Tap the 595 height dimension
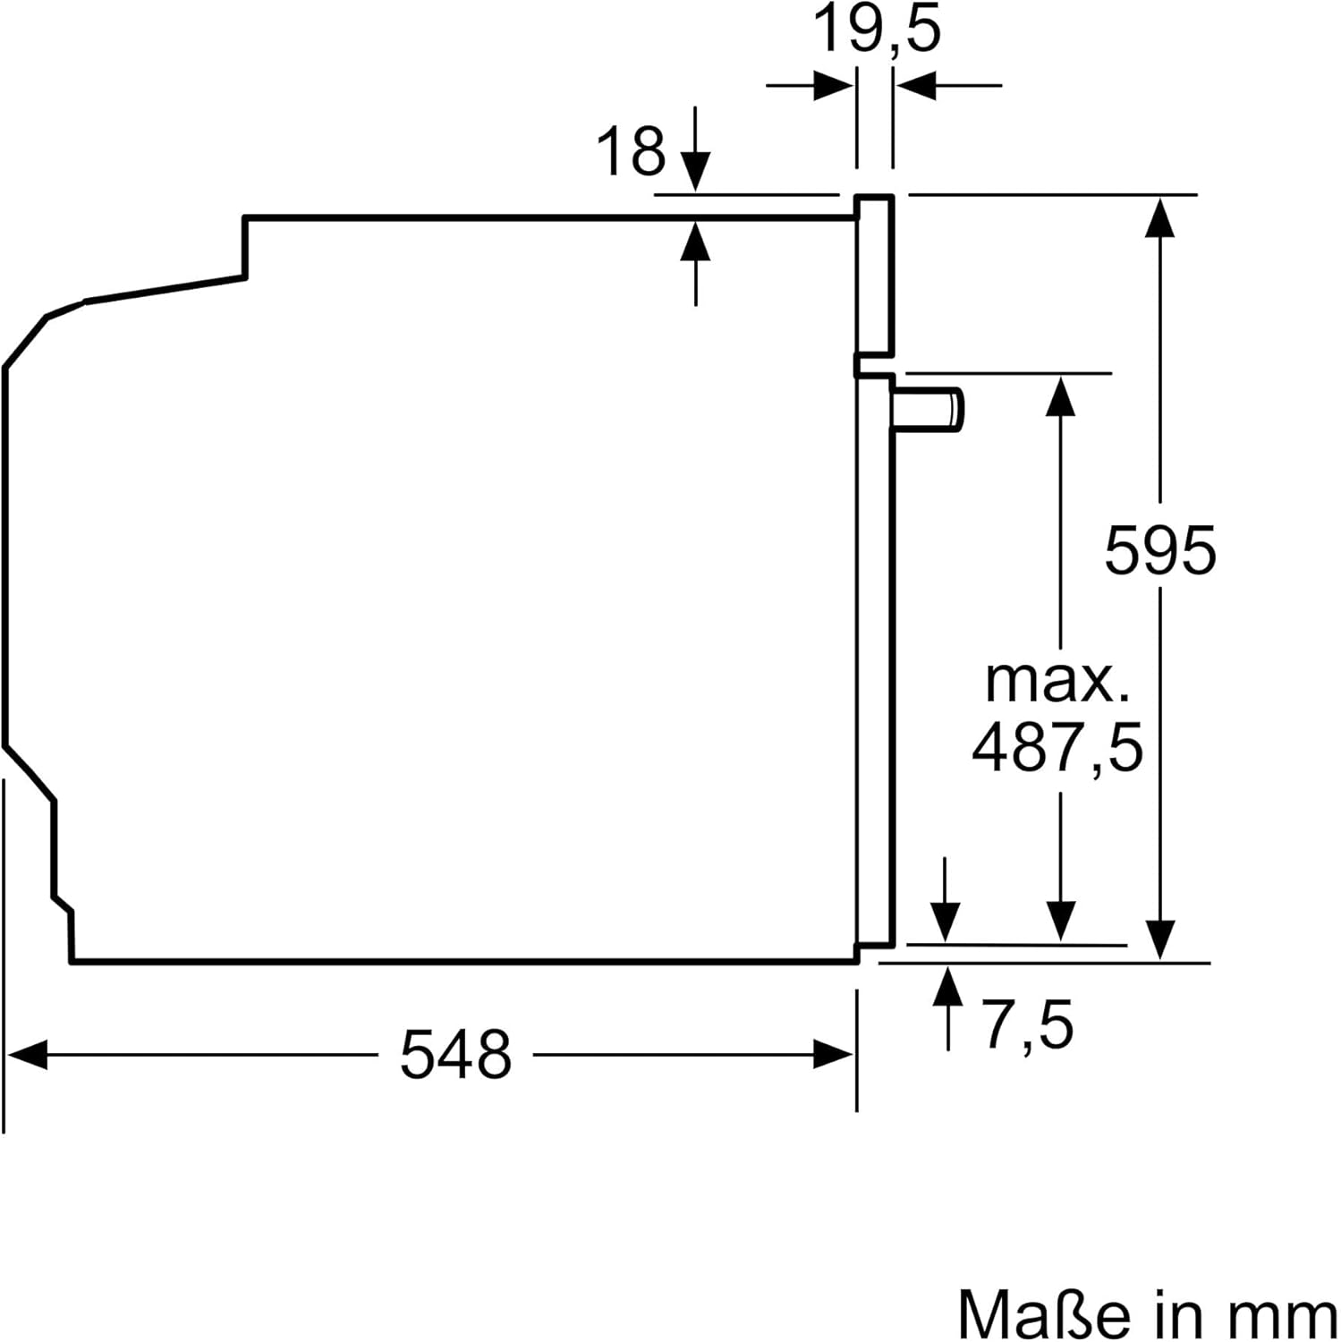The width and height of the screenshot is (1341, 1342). coord(1159,550)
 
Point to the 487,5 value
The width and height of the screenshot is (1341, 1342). coord(1057,748)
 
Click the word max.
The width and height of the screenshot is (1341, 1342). coord(1057,682)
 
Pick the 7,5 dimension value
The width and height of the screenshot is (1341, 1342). coord(1028,1024)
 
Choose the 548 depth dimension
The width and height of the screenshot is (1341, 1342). coord(455,1054)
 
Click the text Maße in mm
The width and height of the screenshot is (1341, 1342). coord(1147,1313)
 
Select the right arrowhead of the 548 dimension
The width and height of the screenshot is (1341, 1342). coord(834,1054)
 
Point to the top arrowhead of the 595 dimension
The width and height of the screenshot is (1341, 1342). coord(1160,217)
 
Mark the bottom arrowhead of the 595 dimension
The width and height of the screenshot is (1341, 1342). coord(1160,939)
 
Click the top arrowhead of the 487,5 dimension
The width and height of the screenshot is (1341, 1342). coord(1061,395)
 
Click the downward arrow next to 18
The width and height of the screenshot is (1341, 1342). coord(695,170)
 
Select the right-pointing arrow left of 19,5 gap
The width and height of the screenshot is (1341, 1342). coord(832,87)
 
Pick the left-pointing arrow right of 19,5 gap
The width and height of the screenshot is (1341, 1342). coord(917,87)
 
